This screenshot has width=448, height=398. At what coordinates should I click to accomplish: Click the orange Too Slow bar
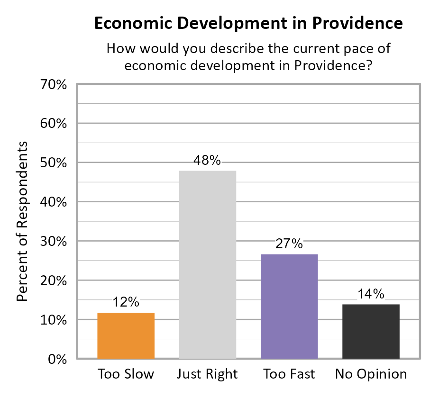(126, 335)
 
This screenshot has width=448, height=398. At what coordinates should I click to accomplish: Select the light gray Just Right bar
(208, 264)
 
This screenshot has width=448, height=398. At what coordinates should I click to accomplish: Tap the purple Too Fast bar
(289, 306)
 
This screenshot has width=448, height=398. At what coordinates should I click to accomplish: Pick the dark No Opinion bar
(371, 331)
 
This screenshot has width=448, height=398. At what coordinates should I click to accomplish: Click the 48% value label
(207, 161)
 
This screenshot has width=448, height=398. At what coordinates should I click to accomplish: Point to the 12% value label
(126, 302)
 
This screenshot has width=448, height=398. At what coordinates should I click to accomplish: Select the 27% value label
(289, 244)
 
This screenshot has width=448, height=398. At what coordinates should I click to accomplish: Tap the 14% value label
(371, 294)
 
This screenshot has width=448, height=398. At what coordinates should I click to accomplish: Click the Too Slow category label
(126, 374)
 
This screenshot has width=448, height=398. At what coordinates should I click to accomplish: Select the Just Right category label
(207, 374)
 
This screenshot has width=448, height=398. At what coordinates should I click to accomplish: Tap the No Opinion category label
(371, 374)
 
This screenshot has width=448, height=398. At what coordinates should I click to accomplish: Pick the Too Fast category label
(289, 374)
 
